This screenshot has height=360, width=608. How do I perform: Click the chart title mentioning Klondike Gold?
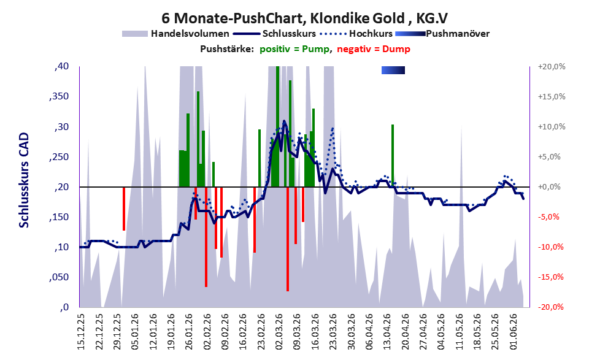coord(304,18)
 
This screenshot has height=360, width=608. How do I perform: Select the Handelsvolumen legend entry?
coord(175,34)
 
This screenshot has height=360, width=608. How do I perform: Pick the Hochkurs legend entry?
coord(356,34)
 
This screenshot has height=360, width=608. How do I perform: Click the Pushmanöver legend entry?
coord(442,34)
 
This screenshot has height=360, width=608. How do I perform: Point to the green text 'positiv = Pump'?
coord(294,49)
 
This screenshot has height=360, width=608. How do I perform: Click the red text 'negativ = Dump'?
coord(374,49)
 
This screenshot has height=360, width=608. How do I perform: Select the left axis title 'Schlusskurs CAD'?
coord(24,180)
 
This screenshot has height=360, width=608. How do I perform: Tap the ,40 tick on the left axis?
coord(61,66)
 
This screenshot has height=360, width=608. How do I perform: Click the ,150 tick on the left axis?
coord(59,217)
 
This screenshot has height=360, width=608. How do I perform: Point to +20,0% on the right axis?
coord(552,67)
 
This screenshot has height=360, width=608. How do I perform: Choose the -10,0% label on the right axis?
coord(550,247)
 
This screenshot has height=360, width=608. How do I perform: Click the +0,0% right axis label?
coord(550,187)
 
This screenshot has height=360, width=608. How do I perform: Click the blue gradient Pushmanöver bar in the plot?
coord(393,70)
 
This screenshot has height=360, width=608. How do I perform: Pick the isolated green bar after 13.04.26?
coord(393,156)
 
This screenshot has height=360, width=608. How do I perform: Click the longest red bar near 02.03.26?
coord(288,239)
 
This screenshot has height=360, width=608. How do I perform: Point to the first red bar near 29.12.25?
coord(124,209)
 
